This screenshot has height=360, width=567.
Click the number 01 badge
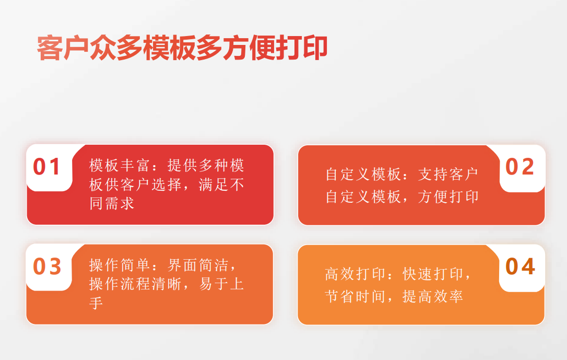[x=46, y=167]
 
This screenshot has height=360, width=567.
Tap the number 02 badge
[x=519, y=167]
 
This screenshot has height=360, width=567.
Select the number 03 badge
[x=47, y=266]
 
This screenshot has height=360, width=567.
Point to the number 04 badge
[x=520, y=266]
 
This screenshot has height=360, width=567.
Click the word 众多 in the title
[x=116, y=48]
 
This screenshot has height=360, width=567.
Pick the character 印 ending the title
[x=315, y=48]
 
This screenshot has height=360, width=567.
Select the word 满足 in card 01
[x=214, y=184]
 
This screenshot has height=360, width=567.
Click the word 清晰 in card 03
[x=167, y=284]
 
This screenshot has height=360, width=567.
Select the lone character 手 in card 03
[x=96, y=303]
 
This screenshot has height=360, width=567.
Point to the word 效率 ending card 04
[x=448, y=296]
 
